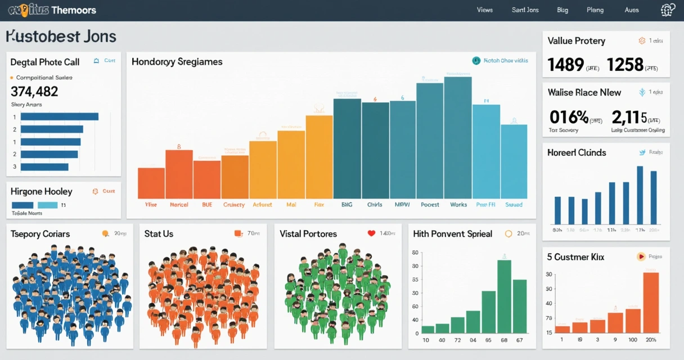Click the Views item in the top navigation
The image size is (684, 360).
tap(484, 10)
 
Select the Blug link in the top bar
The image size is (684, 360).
tap(562, 10)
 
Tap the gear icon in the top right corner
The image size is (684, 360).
tap(668, 10)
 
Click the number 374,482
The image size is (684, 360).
tap(34, 91)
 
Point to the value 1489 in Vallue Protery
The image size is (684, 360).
tap(565, 65)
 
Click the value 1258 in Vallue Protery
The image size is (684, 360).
tap(624, 65)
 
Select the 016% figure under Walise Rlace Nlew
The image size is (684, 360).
tap(568, 117)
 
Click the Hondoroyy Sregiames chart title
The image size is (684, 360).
tap(177, 62)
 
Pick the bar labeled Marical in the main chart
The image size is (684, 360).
tap(179, 174)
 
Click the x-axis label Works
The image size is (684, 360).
tap(458, 205)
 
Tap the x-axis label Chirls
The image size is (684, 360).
tap(375, 205)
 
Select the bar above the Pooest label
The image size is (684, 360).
tap(430, 141)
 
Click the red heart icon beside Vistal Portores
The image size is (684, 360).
tap(371, 233)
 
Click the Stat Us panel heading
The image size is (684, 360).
tap(159, 233)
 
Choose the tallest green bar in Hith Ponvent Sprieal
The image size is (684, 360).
tap(504, 296)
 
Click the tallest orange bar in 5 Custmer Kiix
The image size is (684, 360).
tap(650, 303)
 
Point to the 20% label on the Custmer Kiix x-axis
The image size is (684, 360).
tap(651, 340)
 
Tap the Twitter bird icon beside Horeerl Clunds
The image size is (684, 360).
tap(642, 152)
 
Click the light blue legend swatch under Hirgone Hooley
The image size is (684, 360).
tap(47, 205)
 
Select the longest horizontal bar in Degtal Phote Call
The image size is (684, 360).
tap(59, 116)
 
